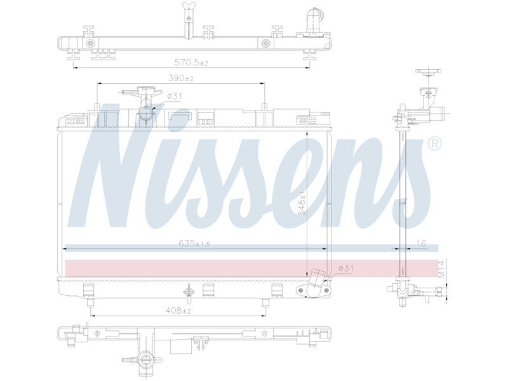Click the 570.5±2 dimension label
point(191,62)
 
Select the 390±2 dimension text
point(180,78)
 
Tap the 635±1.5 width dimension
point(194,243)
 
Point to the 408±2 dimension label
point(178,311)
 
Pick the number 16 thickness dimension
point(421,243)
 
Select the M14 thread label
point(441,269)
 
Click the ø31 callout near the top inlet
point(175,97)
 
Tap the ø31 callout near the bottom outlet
point(345,268)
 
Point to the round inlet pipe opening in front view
point(145,114)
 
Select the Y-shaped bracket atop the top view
point(189,20)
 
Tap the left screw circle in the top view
point(90,43)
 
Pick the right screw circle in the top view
point(265,43)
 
